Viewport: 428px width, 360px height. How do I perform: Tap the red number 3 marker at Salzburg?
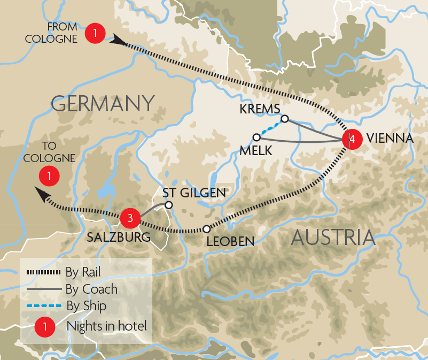(130, 218)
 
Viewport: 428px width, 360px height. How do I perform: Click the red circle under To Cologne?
(49, 175)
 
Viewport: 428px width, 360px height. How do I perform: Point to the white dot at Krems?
(285, 119)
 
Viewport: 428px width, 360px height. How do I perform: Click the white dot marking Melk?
(256, 136)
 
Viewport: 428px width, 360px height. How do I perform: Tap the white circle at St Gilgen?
(168, 204)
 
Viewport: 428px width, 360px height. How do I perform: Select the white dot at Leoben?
(206, 229)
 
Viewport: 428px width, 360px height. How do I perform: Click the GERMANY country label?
(103, 103)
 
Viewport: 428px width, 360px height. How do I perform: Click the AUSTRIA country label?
(332, 237)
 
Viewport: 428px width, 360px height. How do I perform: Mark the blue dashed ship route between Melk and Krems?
(270, 128)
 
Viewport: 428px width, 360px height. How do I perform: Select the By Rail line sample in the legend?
(43, 272)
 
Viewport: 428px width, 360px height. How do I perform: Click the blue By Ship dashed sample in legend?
(43, 307)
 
